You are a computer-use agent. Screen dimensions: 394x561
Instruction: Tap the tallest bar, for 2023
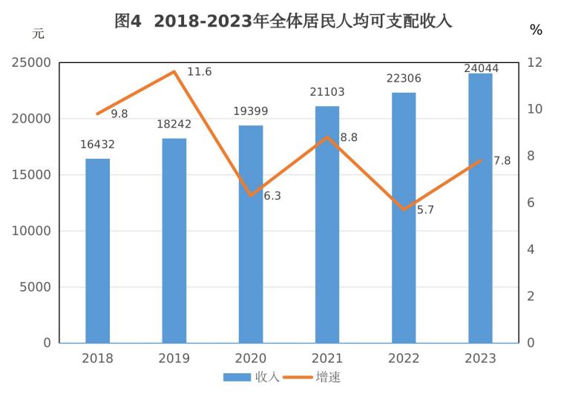click(x=480, y=208)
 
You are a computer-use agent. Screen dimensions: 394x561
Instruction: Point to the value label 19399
click(x=251, y=111)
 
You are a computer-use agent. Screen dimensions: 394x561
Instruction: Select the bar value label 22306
click(x=404, y=78)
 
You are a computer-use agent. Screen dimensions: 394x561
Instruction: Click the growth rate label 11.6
click(x=200, y=72)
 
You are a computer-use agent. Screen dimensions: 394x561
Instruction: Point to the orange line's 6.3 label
click(x=272, y=196)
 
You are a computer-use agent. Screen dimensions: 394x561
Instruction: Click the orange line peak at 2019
click(x=174, y=72)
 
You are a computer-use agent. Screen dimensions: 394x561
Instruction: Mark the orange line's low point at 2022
click(x=404, y=209)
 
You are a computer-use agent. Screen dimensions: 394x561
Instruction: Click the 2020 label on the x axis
click(x=250, y=359)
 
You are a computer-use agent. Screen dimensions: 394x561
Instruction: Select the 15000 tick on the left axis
click(x=32, y=175)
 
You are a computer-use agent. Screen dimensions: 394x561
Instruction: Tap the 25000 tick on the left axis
click(x=32, y=63)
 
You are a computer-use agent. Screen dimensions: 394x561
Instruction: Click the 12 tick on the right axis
click(x=533, y=63)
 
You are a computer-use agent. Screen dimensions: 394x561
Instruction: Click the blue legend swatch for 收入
click(x=237, y=377)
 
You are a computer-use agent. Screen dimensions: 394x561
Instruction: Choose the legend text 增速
click(x=328, y=377)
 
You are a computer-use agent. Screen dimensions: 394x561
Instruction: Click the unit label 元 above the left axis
click(x=38, y=33)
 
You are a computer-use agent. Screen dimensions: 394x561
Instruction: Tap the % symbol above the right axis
click(x=536, y=30)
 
